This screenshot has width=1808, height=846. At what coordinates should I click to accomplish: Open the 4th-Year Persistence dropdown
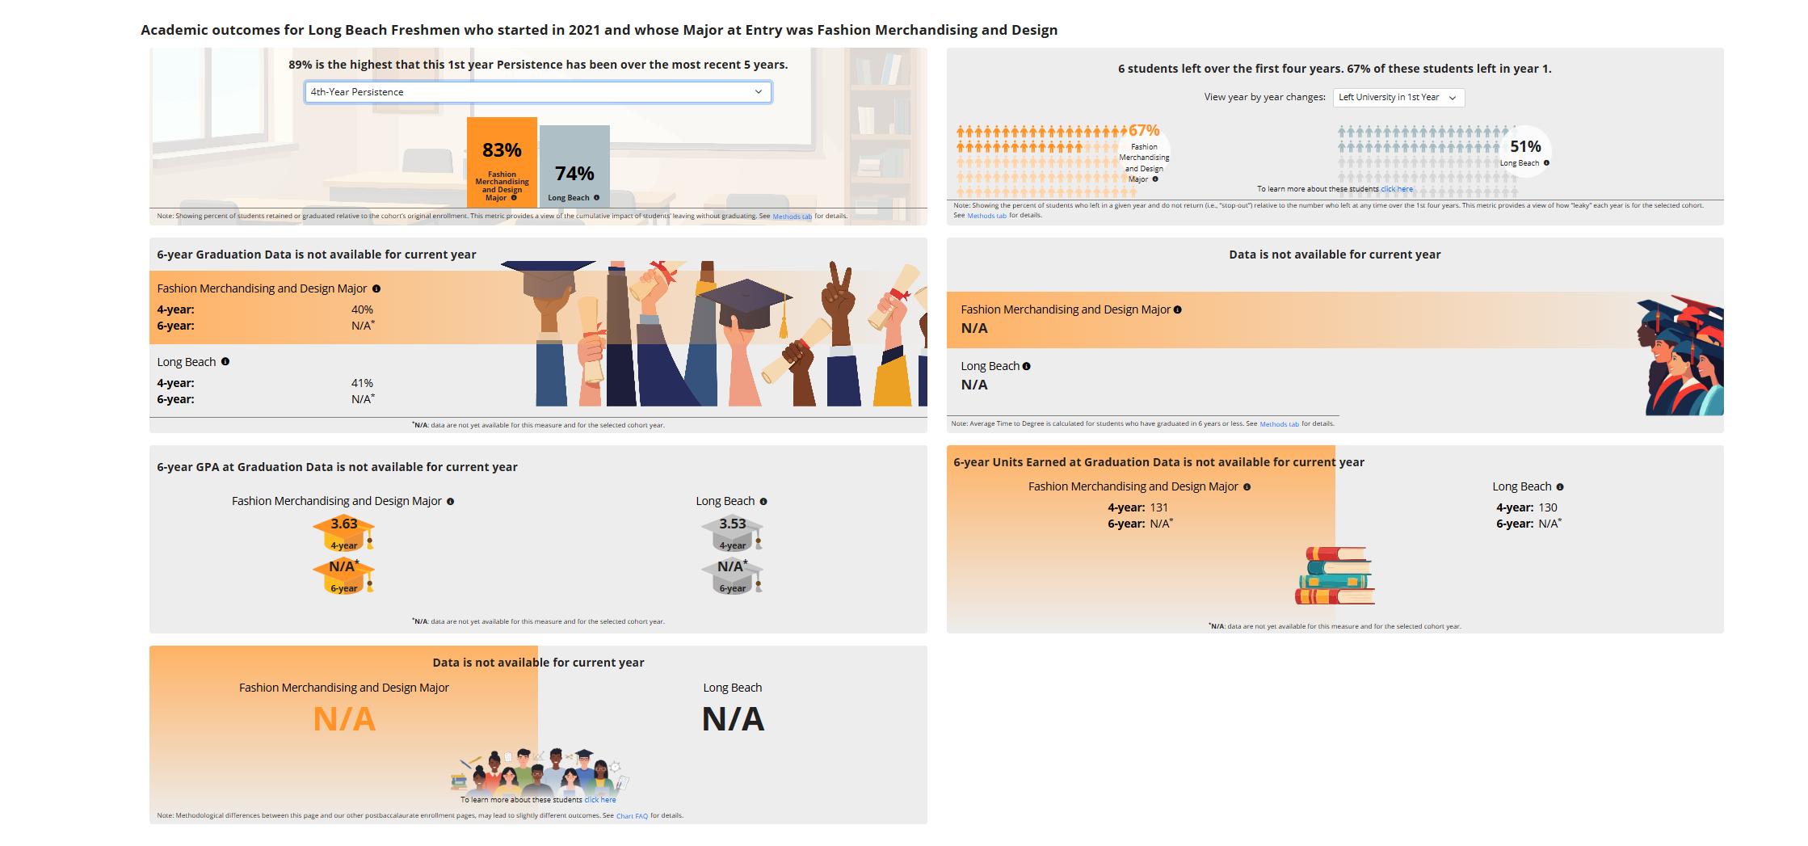(537, 92)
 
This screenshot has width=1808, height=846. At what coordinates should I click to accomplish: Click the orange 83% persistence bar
(502, 162)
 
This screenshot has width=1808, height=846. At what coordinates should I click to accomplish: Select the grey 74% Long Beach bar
(574, 166)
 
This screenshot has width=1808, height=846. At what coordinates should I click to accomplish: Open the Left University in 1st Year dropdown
(1398, 98)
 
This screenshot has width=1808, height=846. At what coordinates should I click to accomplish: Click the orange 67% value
(1144, 131)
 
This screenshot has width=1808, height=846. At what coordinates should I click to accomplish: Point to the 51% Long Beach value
(1525, 147)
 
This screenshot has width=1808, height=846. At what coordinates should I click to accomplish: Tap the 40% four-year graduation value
(362, 310)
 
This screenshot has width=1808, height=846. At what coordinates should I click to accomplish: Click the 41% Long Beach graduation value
(362, 384)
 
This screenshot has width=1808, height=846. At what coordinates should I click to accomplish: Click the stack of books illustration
(1335, 576)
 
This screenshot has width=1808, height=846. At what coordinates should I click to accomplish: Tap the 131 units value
(1159, 508)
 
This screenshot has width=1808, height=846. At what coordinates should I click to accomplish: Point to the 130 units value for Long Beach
(1548, 508)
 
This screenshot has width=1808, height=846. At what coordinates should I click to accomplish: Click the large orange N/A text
(344, 719)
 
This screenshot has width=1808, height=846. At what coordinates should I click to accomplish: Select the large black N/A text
(733, 719)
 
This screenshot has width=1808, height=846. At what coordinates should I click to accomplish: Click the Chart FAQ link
(632, 816)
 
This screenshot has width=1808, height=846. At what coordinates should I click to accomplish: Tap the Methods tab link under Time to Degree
(1279, 424)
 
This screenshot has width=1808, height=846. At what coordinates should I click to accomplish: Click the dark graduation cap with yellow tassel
(745, 303)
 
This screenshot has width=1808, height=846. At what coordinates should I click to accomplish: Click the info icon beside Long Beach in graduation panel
(225, 362)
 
